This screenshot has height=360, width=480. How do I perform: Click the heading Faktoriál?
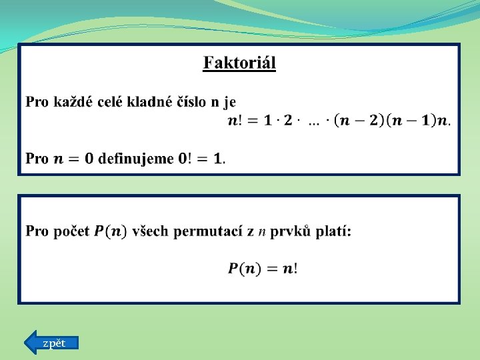[239, 63]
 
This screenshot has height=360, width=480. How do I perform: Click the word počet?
[71, 232]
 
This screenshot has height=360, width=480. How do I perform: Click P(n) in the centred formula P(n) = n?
[243, 269]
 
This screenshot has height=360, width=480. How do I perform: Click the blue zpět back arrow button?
[51, 343]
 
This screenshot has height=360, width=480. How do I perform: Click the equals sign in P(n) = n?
[271, 269]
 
